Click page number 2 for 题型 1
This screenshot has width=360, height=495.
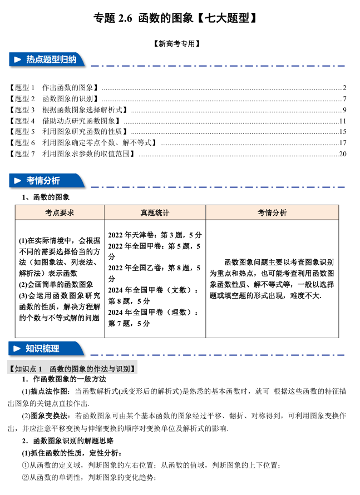pyautogui.click(x=345, y=88)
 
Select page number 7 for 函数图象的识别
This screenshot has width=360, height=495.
pyautogui.click(x=345, y=99)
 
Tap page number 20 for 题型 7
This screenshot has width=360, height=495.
pyautogui.click(x=343, y=154)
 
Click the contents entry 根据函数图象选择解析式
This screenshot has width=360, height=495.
pyautogui.click(x=84, y=110)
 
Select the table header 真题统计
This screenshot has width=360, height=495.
pyautogui.click(x=155, y=212)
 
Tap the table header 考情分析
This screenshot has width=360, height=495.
pyautogui.click(x=272, y=212)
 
